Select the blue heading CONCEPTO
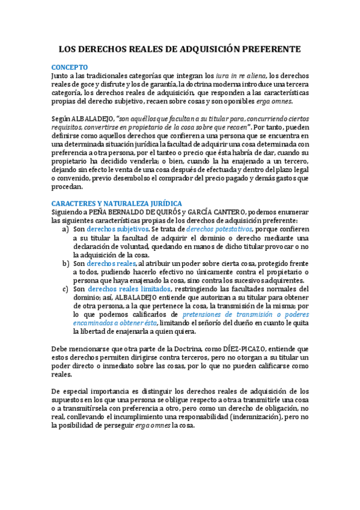click(70, 67)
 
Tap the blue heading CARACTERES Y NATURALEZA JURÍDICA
click(117, 203)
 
